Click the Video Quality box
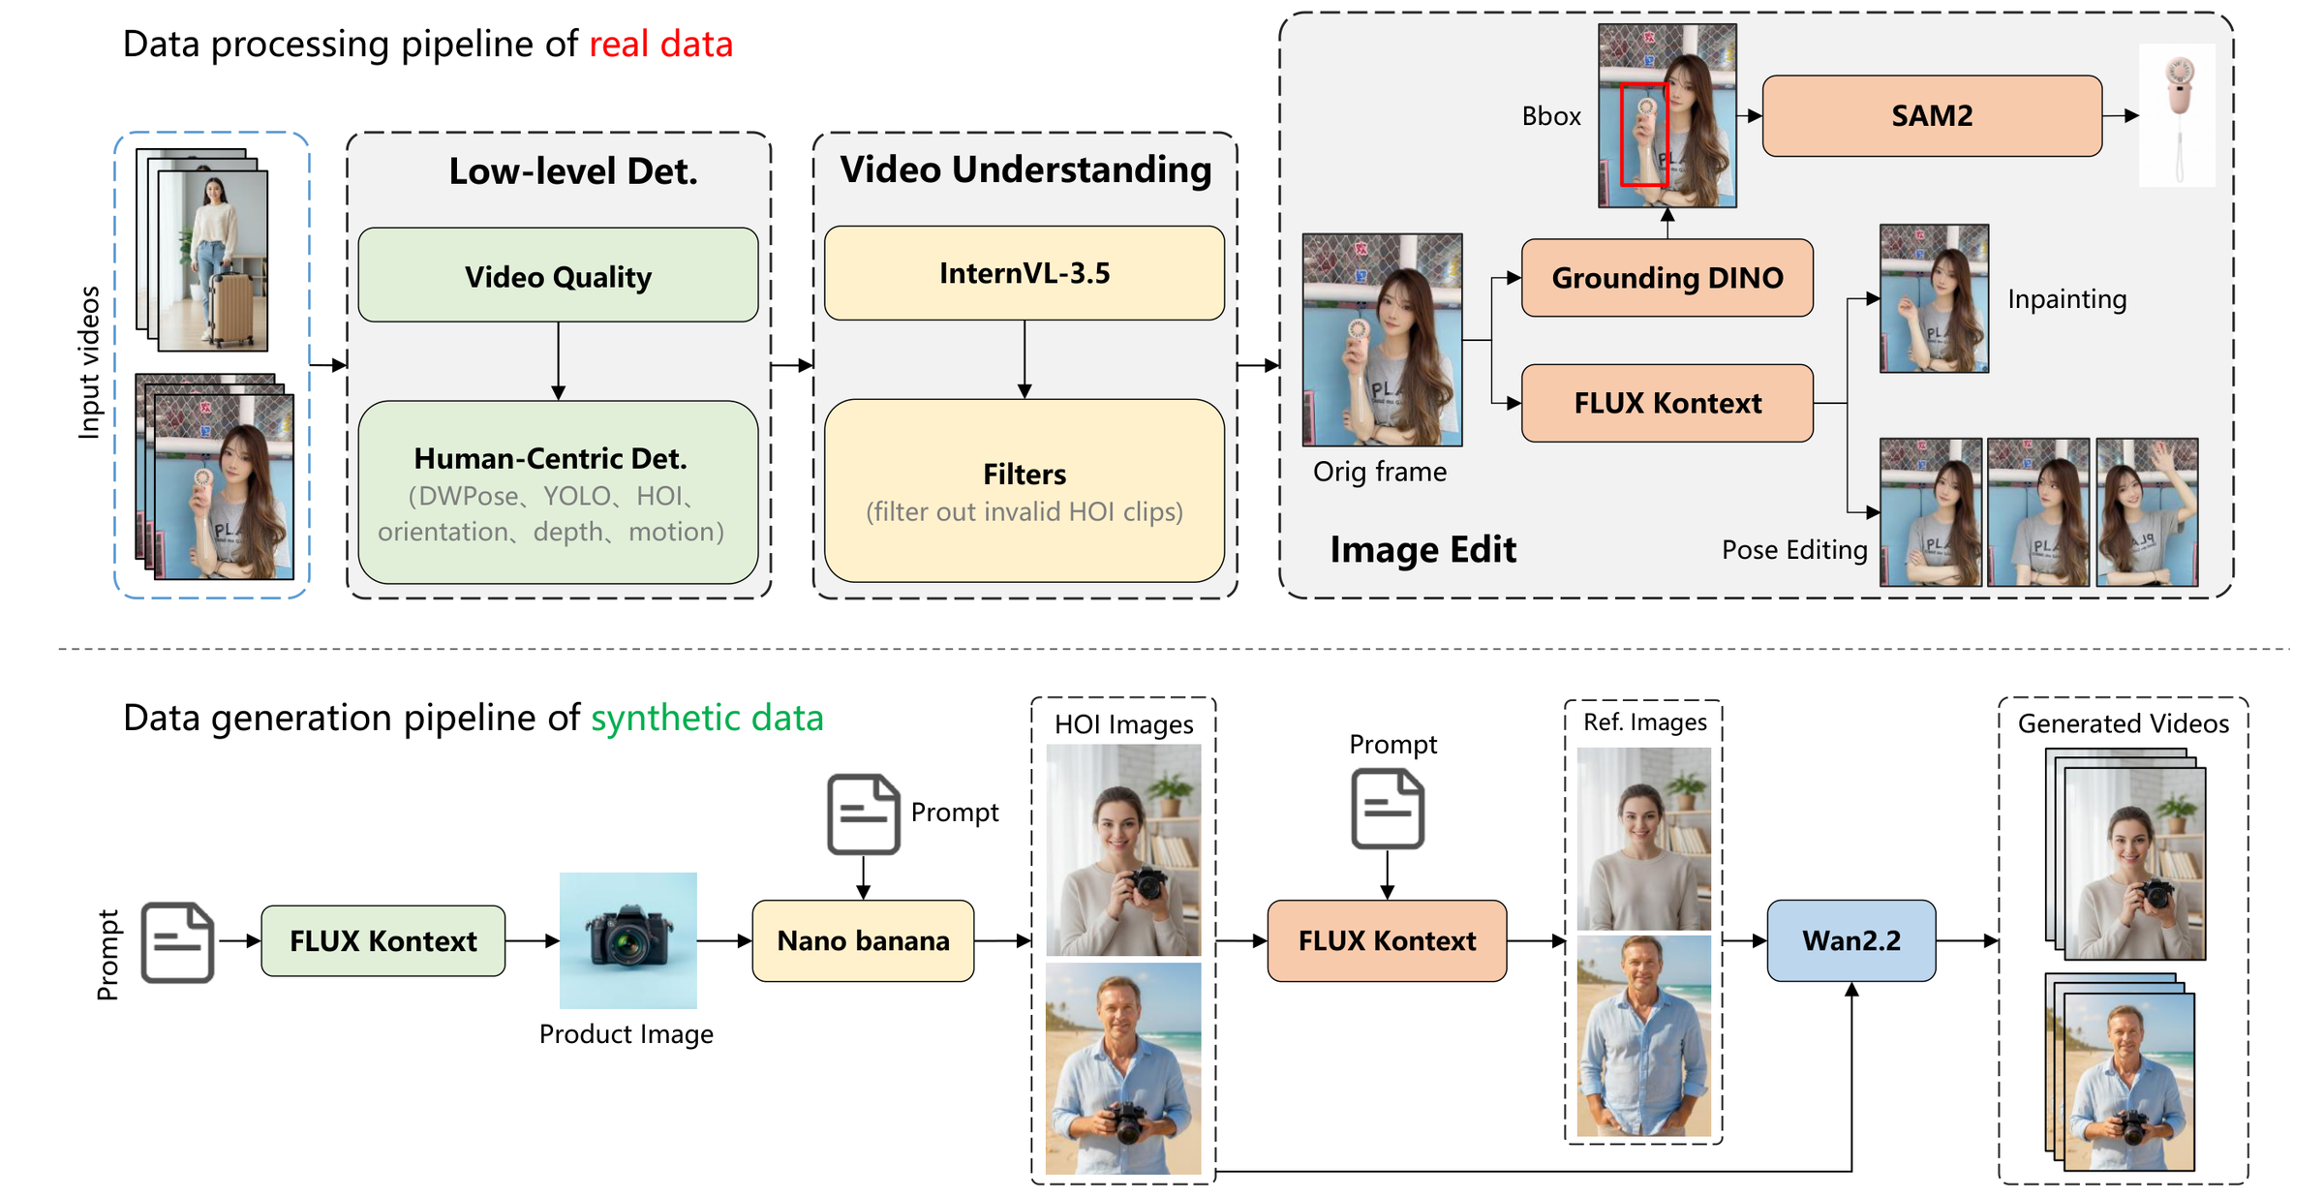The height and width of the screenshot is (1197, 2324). pos(558,275)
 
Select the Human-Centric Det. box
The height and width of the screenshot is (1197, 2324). pos(558,492)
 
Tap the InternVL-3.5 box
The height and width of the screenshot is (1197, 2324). pos(1024,273)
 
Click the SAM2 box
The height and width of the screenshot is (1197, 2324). pos(1932,116)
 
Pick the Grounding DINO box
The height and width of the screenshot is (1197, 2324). pos(1667,278)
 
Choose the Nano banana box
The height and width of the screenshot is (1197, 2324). pos(863,940)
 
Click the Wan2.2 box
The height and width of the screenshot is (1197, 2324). pos(1851,940)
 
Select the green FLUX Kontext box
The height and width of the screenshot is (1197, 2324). pos(383,940)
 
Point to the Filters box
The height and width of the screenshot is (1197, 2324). pos(1024,490)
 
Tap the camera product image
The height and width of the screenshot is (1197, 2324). pos(628,940)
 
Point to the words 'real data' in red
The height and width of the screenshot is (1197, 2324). pos(660,45)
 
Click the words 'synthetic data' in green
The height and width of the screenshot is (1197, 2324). pos(707,719)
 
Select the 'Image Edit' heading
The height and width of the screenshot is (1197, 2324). pos(1422,550)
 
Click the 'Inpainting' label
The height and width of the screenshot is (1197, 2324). pos(2067,299)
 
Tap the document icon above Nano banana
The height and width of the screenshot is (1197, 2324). pos(863,813)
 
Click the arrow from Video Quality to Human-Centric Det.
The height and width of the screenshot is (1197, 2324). pos(558,361)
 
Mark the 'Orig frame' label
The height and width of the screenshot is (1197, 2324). pos(1380,472)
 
